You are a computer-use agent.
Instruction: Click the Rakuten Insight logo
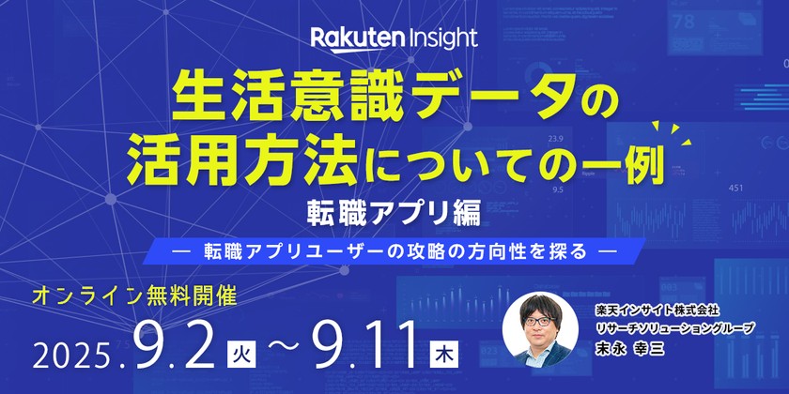point(394,38)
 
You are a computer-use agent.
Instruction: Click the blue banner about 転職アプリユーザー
point(394,250)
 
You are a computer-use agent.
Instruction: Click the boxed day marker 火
point(243,354)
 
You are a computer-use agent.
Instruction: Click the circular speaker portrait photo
point(540,330)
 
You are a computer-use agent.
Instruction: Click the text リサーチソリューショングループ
point(676,327)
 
